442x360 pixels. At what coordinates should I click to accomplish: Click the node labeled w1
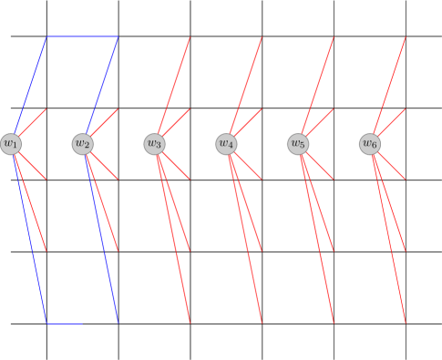(11, 144)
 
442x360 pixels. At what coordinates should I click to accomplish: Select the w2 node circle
(83, 144)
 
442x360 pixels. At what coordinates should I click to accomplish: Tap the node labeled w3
(155, 144)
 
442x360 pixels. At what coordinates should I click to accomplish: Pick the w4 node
(227, 144)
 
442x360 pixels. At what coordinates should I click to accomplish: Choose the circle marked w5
(298, 144)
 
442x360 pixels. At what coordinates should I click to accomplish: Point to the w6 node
(370, 144)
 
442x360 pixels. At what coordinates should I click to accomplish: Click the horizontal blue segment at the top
(82, 37)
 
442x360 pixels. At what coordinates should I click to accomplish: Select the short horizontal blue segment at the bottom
(64, 323)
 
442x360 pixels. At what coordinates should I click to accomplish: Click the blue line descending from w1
(29, 237)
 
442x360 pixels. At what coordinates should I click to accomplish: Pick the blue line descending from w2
(101, 237)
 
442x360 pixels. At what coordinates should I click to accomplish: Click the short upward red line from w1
(33, 122)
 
